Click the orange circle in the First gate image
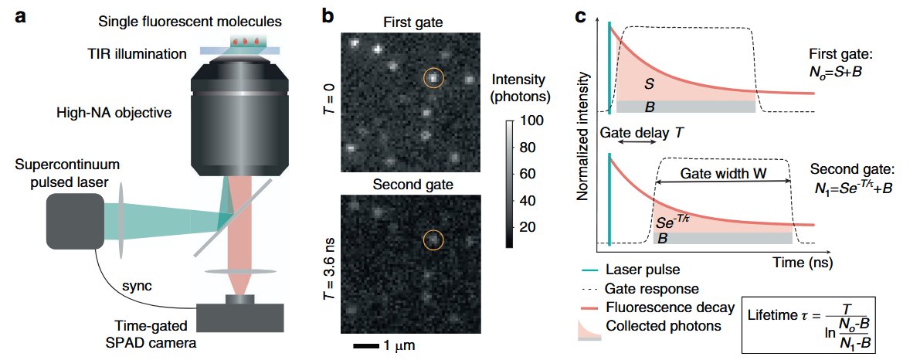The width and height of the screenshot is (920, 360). pos(434,76)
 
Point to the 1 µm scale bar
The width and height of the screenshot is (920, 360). pos(360,345)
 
